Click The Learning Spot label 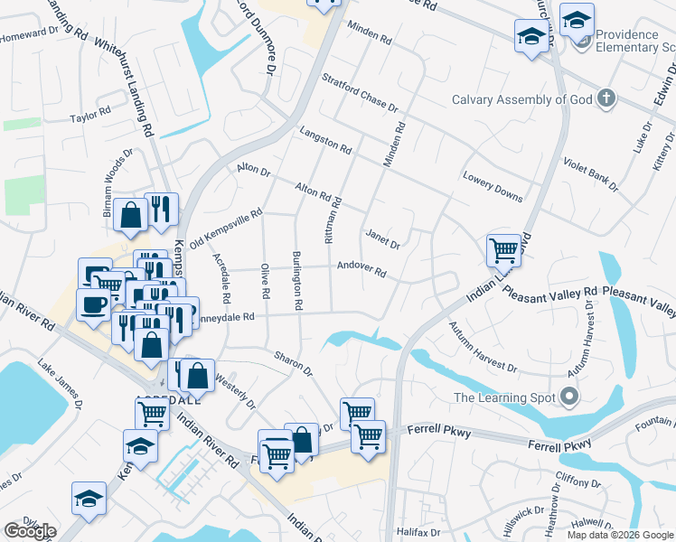tap(502, 397)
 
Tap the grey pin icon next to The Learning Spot tap(568, 397)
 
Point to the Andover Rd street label tap(361, 269)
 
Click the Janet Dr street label tap(382, 238)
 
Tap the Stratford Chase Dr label tap(359, 93)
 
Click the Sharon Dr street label tap(294, 363)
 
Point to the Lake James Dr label tap(60, 383)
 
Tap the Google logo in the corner tap(30, 531)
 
